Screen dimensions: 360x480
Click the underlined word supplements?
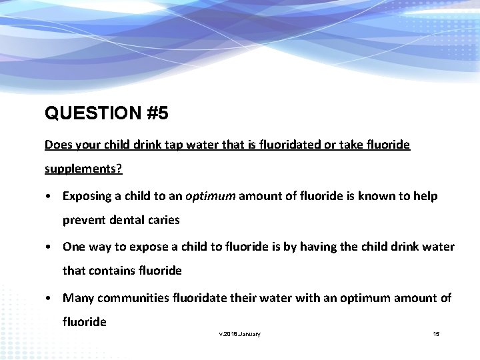[x=83, y=169]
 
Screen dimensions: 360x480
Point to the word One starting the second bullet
[x=73, y=247]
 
